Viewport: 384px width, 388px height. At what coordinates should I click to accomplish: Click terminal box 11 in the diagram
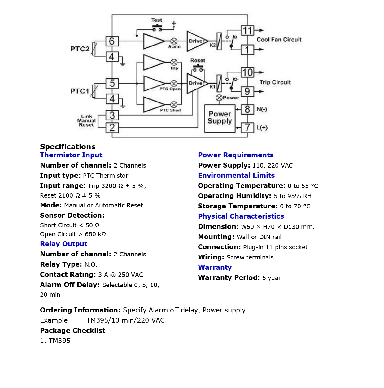point(247,31)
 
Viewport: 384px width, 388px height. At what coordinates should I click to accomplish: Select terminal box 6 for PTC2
point(112,41)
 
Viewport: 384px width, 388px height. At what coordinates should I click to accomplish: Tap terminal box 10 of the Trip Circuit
point(247,72)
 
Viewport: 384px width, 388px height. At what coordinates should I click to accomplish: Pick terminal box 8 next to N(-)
point(247,109)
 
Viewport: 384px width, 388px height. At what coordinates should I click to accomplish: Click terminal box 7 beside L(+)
point(247,127)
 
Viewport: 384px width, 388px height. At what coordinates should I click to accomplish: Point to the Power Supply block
point(220,118)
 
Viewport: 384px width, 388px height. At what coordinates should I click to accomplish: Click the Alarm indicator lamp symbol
point(174,41)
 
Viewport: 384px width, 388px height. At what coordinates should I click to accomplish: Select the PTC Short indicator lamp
point(174,104)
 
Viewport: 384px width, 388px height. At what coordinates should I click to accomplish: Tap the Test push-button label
point(157,20)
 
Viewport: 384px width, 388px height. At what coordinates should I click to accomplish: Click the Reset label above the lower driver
point(198,60)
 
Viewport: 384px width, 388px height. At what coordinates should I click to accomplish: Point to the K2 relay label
point(212,45)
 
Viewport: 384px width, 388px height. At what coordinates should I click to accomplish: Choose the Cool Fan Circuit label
point(279,40)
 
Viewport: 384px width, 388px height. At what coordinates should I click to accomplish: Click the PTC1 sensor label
point(80,91)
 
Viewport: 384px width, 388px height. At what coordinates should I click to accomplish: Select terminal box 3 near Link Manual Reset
point(112,115)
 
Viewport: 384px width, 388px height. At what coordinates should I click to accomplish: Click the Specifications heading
point(68,147)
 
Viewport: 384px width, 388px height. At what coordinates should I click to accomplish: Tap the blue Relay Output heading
point(63,244)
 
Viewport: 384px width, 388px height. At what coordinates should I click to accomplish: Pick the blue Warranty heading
point(215,268)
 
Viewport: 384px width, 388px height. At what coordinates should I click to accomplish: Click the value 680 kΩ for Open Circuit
point(95,234)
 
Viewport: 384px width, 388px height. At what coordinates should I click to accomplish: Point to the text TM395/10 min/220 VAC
point(125,320)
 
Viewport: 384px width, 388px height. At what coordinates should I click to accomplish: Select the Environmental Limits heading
point(236,176)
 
